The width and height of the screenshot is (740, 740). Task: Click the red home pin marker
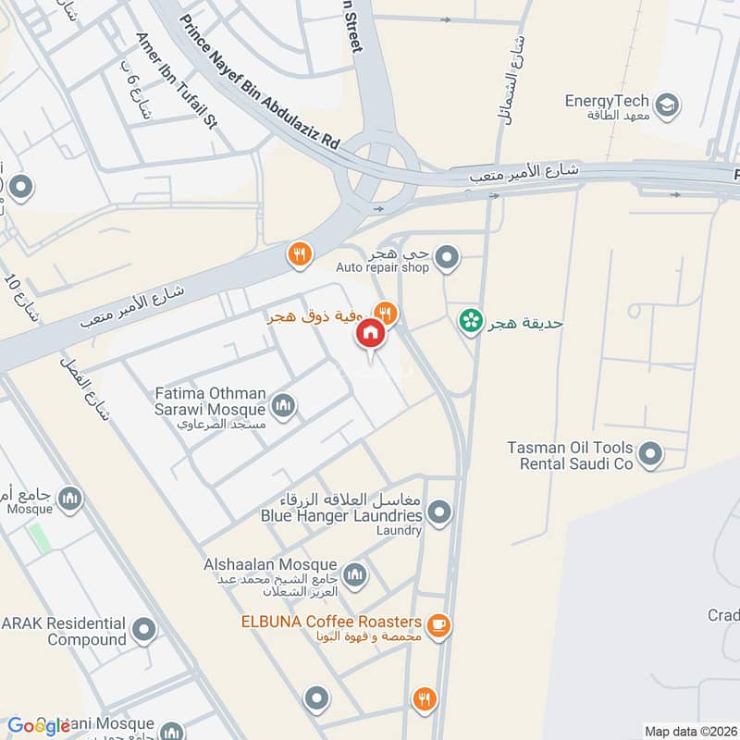370,334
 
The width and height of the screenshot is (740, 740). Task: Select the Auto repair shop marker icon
447,258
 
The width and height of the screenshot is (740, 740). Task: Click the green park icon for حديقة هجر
472,322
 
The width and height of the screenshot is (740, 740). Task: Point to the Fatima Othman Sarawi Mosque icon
283,405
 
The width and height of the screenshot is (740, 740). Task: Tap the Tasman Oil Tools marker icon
651,454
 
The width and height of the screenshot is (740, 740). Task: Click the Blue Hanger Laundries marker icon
439,512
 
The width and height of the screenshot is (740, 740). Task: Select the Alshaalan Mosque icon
355,576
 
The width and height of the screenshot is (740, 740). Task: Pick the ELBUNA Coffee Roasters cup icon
439,626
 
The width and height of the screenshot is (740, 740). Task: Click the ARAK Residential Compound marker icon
143,632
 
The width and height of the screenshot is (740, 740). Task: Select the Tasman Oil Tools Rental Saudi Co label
570,455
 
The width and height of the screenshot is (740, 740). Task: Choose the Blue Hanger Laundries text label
342,515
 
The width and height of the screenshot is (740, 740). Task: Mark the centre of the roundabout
375,171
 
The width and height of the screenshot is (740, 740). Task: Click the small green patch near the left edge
39,538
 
